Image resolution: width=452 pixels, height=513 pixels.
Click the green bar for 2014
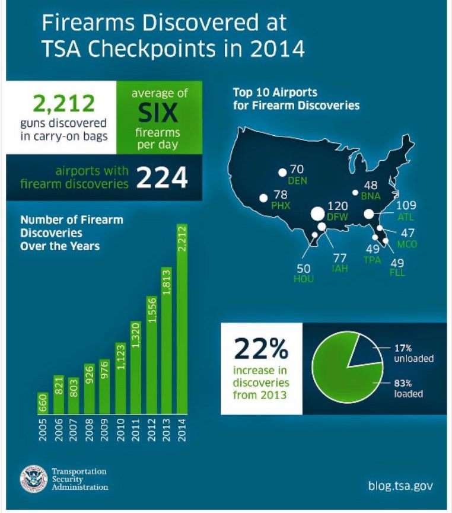pyautogui.click(x=182, y=320)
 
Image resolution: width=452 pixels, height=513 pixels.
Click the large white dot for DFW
pyautogui.click(x=317, y=214)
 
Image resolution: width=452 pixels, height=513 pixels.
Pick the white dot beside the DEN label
pyautogui.click(x=282, y=173)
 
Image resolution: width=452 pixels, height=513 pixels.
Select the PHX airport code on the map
pyautogui.click(x=280, y=205)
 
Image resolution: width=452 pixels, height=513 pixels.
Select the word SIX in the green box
pyautogui.click(x=158, y=111)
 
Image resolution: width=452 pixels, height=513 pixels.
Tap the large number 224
pyautogui.click(x=162, y=177)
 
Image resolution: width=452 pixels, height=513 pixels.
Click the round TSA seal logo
pyautogui.click(x=33, y=479)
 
